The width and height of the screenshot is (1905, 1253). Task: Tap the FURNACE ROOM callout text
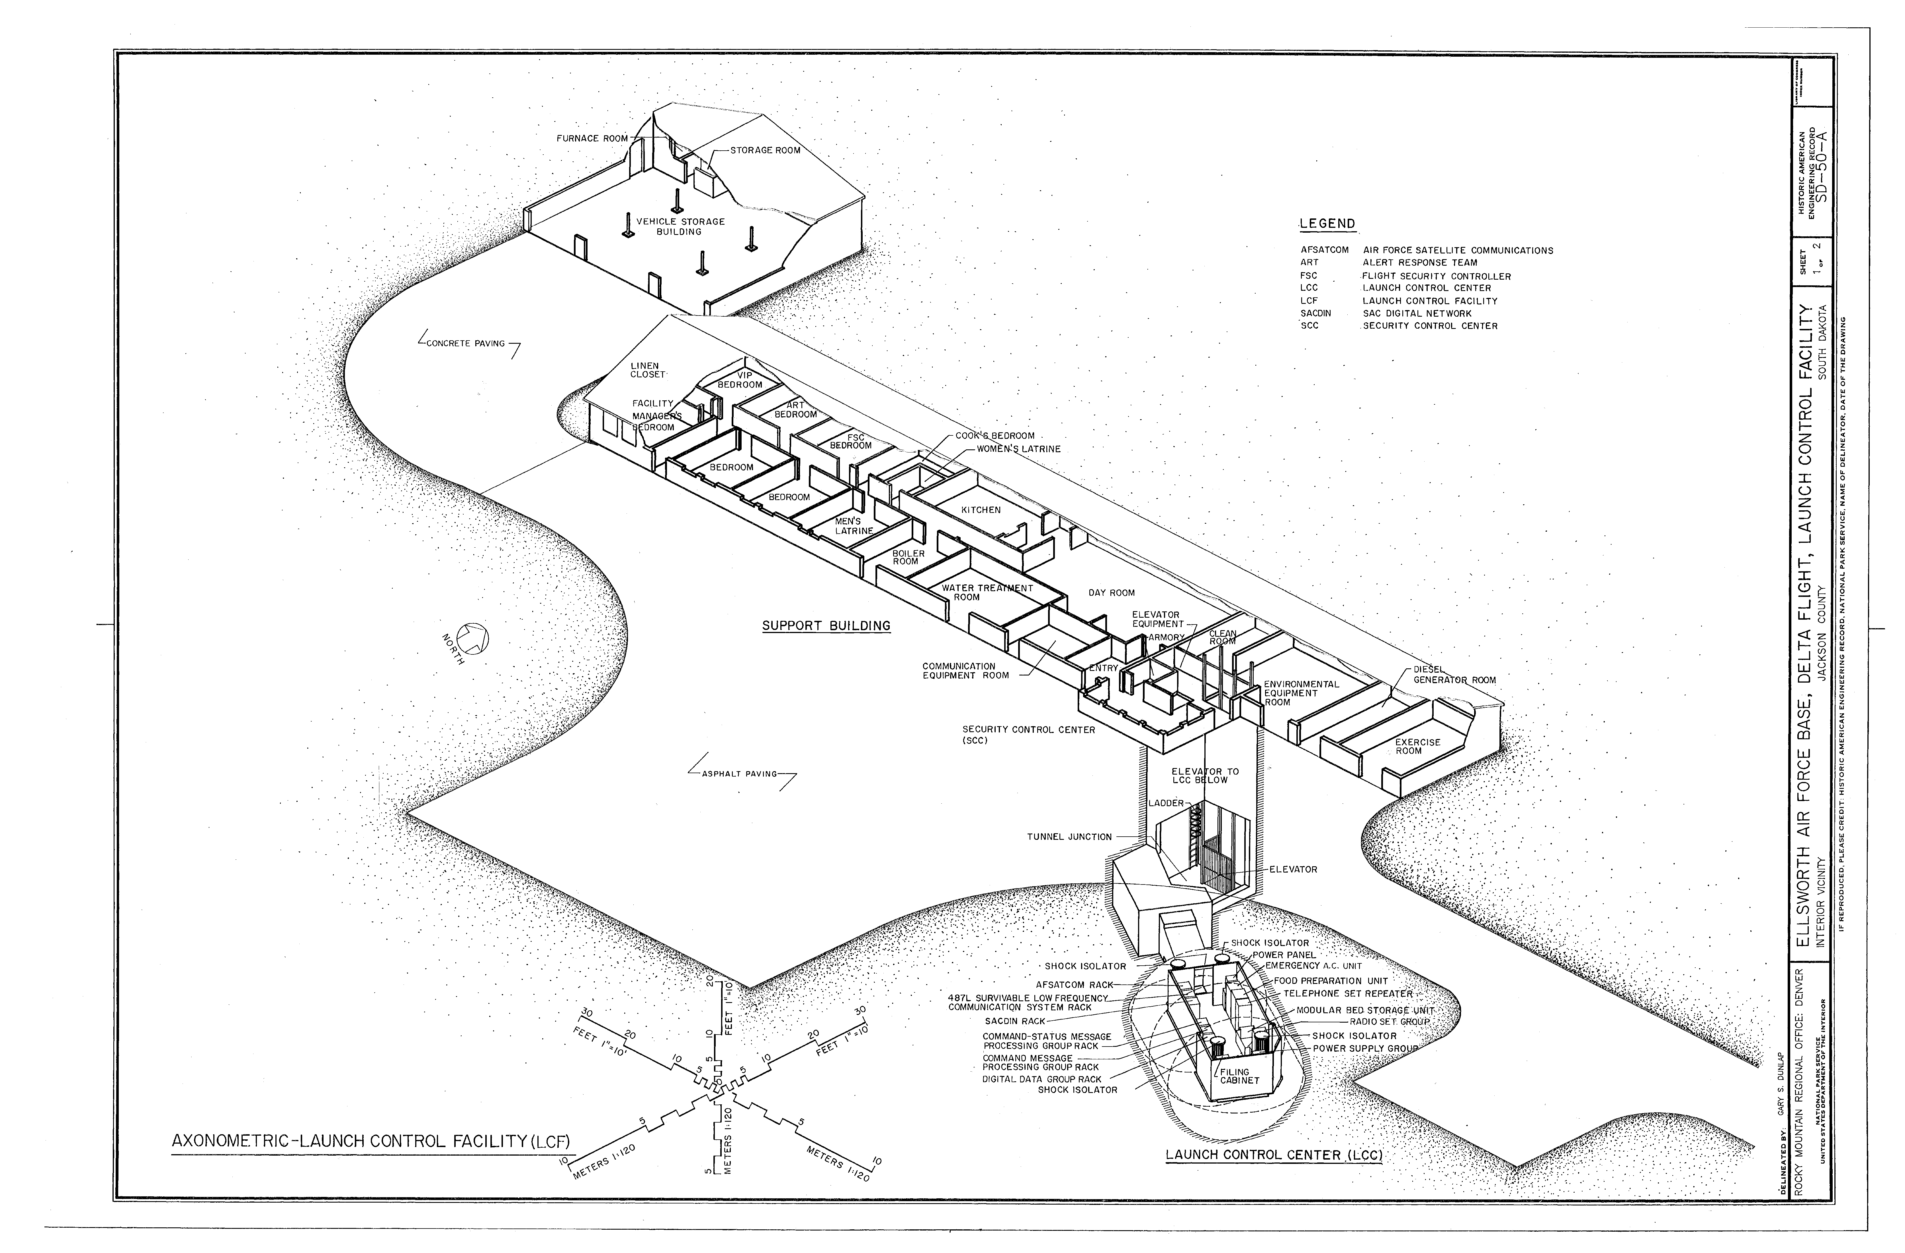point(592,138)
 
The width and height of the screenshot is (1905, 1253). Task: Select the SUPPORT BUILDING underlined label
point(826,626)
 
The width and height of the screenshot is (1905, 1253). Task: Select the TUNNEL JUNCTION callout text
point(1069,837)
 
